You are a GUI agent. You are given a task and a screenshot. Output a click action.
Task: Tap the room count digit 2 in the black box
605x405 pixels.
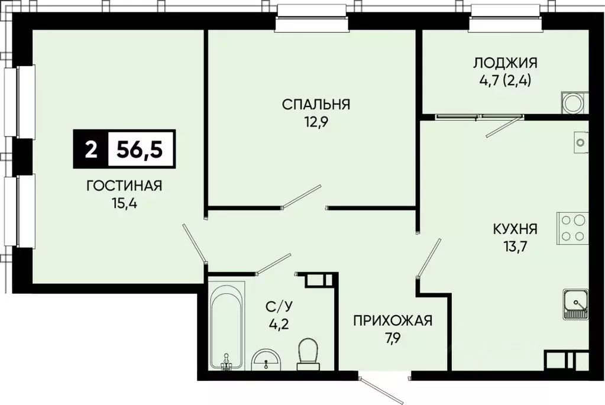tap(90, 149)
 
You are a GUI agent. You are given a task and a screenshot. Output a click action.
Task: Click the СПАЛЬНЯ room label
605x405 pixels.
tap(316, 105)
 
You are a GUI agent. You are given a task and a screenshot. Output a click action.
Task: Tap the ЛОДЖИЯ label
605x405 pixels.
tap(504, 63)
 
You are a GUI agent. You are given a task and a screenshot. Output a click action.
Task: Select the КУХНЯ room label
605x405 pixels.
tap(516, 228)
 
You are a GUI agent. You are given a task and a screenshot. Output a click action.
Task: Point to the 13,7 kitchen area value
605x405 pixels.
tap(516, 247)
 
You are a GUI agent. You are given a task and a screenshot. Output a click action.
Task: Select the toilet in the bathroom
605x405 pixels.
tap(308, 351)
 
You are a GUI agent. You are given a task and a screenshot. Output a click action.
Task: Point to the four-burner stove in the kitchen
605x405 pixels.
tap(571, 228)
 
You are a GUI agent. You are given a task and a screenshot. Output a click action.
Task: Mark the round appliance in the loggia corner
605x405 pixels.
tap(572, 103)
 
